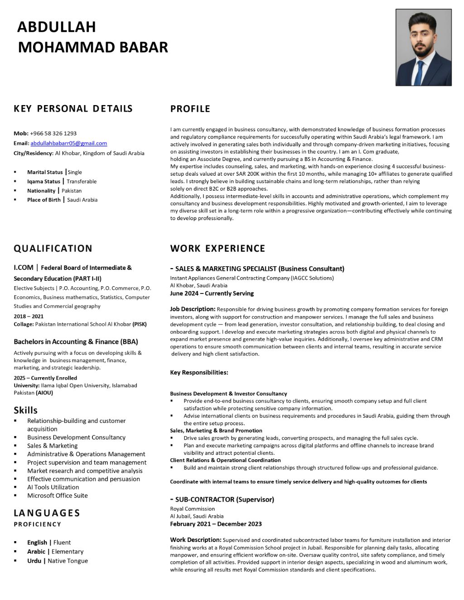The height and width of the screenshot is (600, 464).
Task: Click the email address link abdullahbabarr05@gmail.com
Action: (69, 144)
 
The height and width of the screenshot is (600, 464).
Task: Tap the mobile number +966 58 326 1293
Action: (53, 134)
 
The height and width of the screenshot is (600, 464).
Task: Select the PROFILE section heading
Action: (190, 109)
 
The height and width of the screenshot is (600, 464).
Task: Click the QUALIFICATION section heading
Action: (53, 249)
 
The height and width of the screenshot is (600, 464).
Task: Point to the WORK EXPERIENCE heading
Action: (217, 249)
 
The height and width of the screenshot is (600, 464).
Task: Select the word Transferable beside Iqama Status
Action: (82, 182)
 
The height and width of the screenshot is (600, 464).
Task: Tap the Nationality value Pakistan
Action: (72, 191)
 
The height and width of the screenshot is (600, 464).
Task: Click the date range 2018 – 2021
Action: (29, 317)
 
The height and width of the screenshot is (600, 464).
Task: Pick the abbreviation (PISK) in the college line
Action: (140, 324)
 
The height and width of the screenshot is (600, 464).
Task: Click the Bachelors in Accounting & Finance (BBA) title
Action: (76, 342)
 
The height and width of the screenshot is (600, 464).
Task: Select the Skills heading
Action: (25, 410)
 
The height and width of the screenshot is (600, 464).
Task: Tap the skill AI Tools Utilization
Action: (53, 487)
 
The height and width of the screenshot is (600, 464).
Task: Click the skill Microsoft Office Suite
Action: (58, 496)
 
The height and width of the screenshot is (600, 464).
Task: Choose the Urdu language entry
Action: (34, 561)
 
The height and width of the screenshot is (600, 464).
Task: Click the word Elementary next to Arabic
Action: (68, 552)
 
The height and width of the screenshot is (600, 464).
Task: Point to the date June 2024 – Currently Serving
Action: (212, 293)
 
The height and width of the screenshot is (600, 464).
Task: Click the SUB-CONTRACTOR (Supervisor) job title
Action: (224, 500)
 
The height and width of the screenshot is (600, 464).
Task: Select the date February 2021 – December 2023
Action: (216, 524)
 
